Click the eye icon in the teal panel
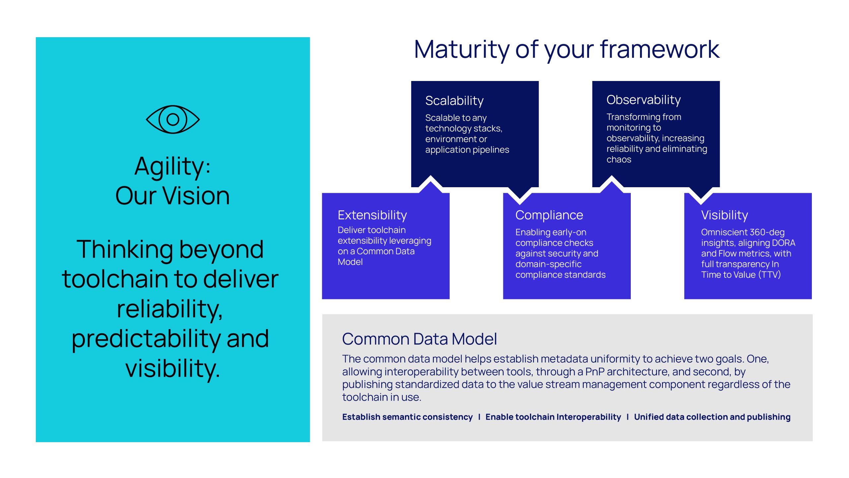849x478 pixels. point(173,119)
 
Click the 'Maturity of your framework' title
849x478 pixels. point(566,50)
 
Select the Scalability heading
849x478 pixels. point(454,101)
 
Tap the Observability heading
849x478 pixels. point(643,100)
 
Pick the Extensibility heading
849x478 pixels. point(372,215)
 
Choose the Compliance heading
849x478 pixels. point(549,215)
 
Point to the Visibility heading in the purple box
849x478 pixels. point(724,215)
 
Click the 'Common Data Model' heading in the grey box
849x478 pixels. point(419,339)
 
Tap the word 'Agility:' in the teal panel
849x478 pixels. point(172,167)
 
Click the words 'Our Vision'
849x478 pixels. point(172,196)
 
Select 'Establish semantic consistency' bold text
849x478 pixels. point(407,417)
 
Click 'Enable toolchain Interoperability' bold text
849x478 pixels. point(553,417)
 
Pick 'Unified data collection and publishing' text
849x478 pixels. point(712,417)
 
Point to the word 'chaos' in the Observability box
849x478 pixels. point(619,160)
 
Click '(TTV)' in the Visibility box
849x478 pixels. point(769,275)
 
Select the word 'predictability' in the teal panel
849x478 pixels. point(146,339)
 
